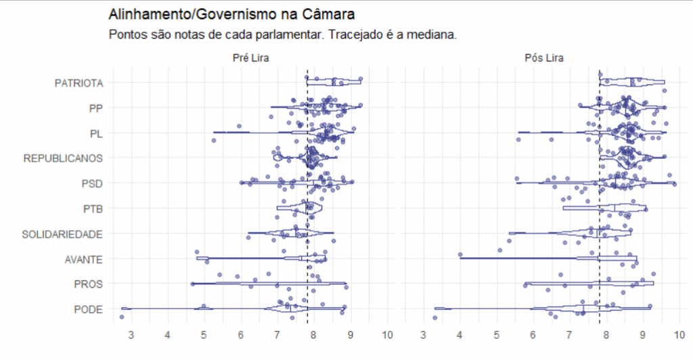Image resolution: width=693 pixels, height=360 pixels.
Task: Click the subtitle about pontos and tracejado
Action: (282, 34)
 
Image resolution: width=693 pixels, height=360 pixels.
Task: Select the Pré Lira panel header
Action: (250, 58)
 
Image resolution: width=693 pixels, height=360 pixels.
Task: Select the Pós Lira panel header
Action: (544, 58)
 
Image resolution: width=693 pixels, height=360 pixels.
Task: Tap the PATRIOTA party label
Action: (79, 83)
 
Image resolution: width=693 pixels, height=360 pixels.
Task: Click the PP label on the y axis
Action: (95, 108)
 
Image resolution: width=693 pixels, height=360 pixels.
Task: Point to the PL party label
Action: (96, 133)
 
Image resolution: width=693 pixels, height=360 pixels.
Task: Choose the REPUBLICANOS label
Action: (63, 158)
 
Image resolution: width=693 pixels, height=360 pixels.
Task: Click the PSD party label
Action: (92, 183)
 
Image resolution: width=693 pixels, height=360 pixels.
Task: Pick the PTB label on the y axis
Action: (92, 208)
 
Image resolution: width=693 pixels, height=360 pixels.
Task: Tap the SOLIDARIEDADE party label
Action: (62, 234)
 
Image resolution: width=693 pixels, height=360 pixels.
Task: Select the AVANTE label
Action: (84, 259)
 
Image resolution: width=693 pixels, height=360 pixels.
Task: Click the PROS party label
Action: (89, 284)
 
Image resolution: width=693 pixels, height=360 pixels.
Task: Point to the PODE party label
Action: (89, 309)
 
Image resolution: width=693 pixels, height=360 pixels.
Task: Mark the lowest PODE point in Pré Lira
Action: (122, 317)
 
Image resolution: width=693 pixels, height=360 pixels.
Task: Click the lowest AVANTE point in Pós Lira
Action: (460, 255)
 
